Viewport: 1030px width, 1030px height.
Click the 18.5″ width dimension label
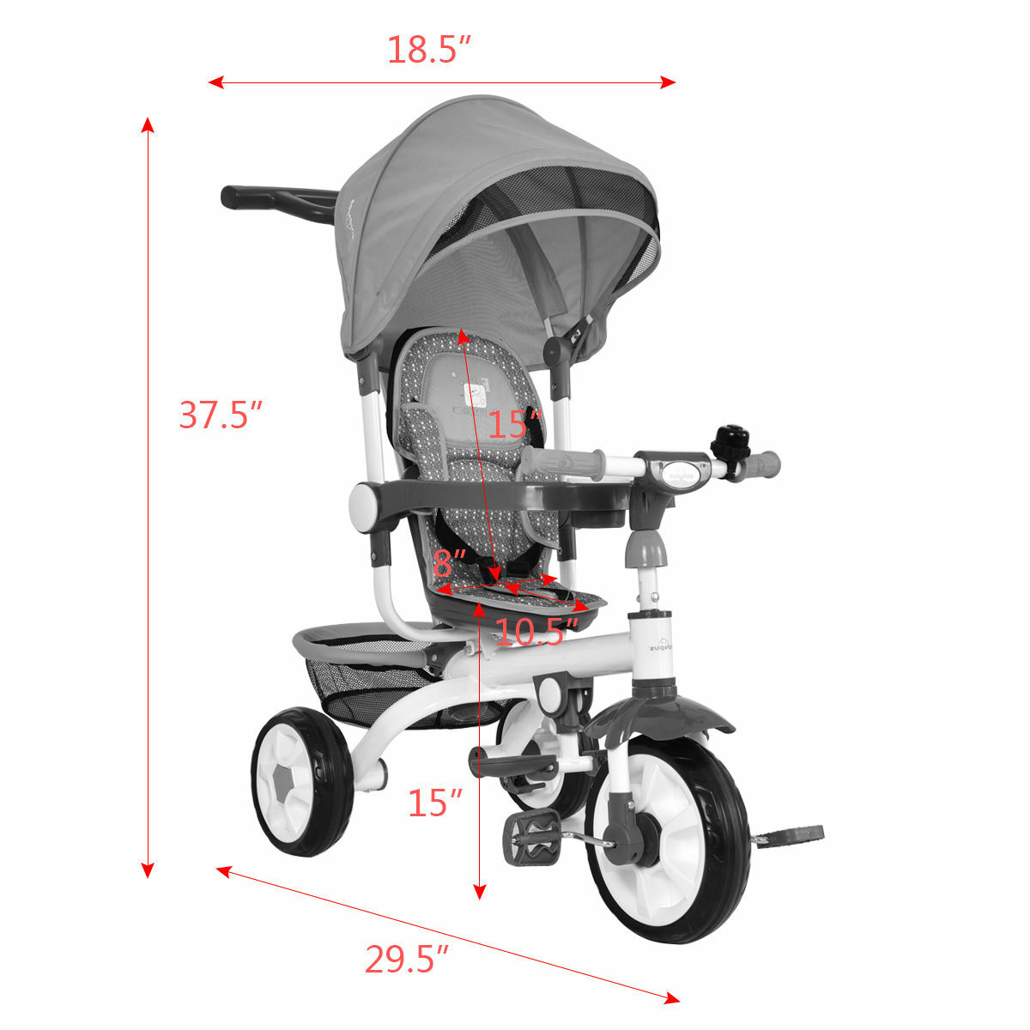tap(429, 50)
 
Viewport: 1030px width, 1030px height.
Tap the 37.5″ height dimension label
tap(219, 415)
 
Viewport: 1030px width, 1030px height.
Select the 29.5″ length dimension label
tap(407, 959)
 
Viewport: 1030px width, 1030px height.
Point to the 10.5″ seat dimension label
tap(531, 633)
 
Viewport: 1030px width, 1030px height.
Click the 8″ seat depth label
tap(448, 564)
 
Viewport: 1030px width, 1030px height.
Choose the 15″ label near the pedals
tap(434, 803)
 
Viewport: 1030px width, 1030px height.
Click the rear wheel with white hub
tap(301, 781)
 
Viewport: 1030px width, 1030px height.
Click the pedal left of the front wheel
tap(532, 837)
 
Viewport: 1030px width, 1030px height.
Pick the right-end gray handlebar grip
tap(764, 463)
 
